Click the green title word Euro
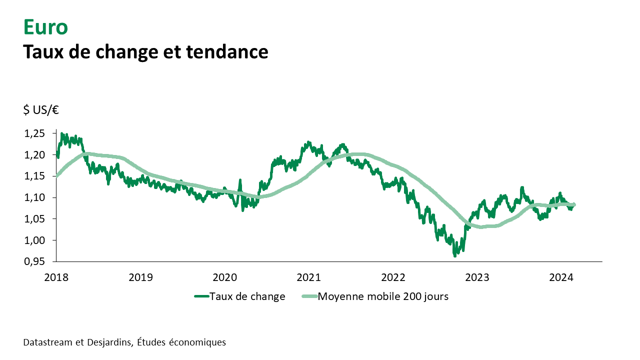pyautogui.click(x=45, y=27)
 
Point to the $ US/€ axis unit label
pyautogui.click(x=41, y=110)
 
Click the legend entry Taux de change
pyautogui.click(x=247, y=296)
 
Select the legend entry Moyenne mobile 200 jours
pyautogui.click(x=383, y=296)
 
